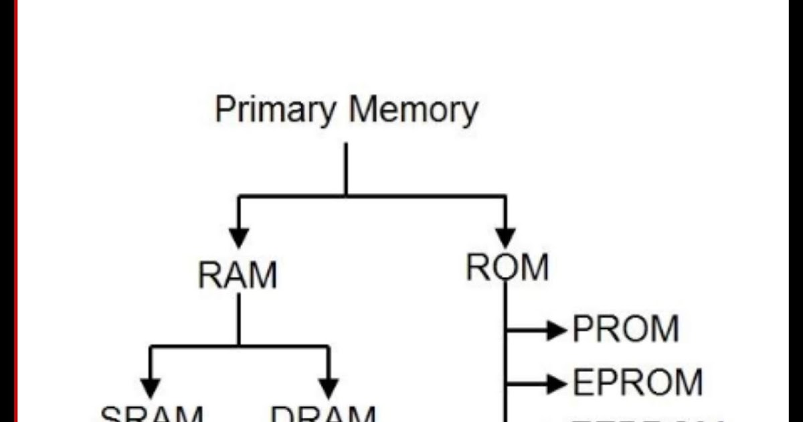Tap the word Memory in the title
413,110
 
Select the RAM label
238,275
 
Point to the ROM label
507,268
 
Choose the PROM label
626,330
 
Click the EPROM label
636,383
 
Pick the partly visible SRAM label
151,414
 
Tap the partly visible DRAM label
324,414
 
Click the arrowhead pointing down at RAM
239,237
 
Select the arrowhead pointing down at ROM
505,237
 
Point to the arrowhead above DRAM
328,387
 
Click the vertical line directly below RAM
238,320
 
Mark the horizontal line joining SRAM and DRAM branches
239,346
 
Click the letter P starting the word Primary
224,109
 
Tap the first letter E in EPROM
582,383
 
